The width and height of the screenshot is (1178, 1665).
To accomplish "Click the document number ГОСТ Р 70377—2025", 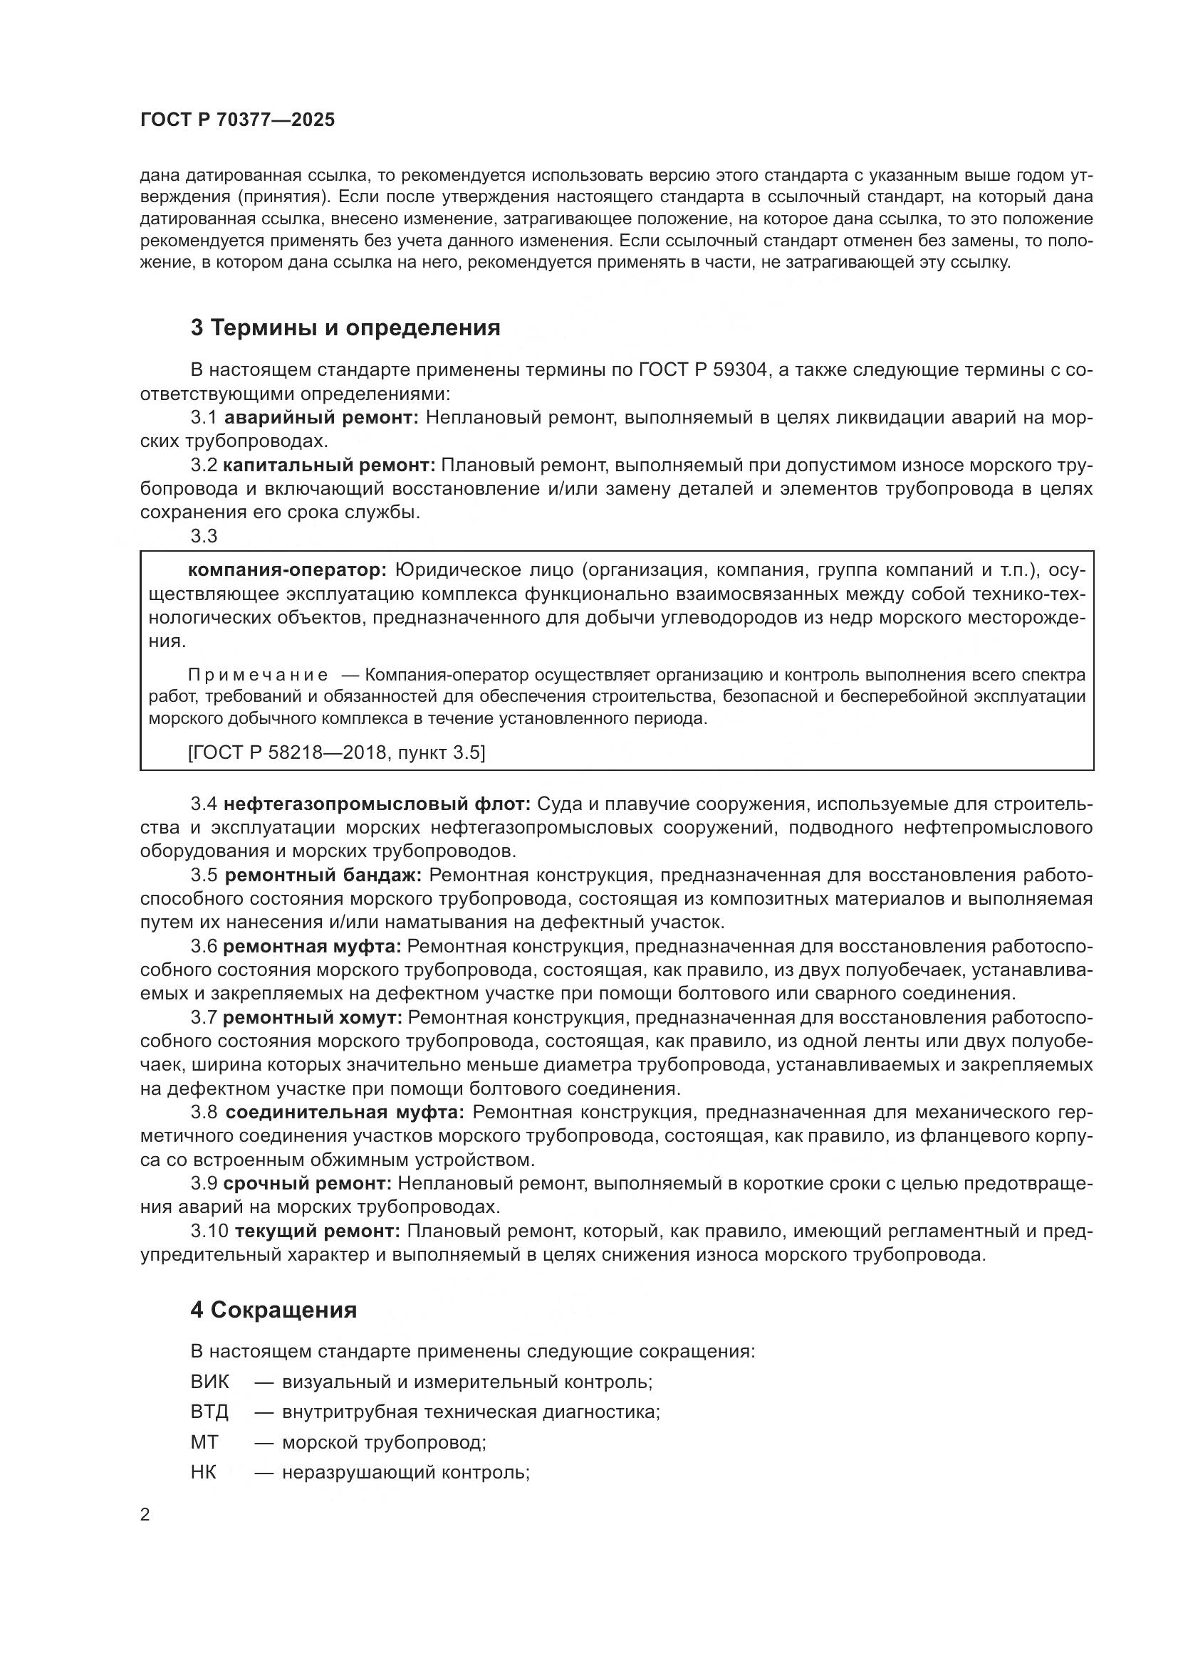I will (237, 120).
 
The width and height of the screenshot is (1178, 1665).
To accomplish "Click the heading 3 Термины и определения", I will (345, 327).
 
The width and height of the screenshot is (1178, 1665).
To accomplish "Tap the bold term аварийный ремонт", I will (321, 417).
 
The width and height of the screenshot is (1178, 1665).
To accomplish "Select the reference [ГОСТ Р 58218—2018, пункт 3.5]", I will (337, 752).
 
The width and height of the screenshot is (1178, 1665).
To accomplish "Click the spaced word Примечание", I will (258, 675).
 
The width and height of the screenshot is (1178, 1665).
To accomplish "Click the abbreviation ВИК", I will (209, 1382).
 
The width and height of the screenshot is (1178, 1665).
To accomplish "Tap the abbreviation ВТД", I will (209, 1412).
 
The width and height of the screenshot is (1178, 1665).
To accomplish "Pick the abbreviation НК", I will (204, 1472).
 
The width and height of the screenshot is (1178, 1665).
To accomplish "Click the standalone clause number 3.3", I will (204, 536).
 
